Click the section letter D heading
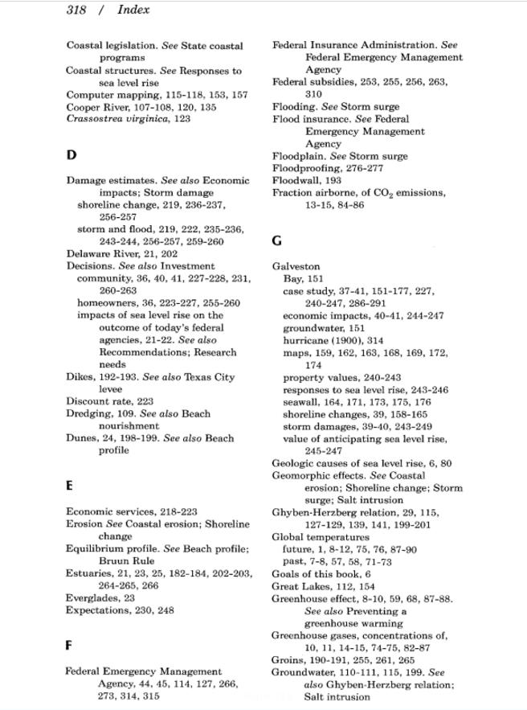71,155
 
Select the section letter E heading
70,485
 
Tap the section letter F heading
70,645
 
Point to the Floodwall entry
296,181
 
